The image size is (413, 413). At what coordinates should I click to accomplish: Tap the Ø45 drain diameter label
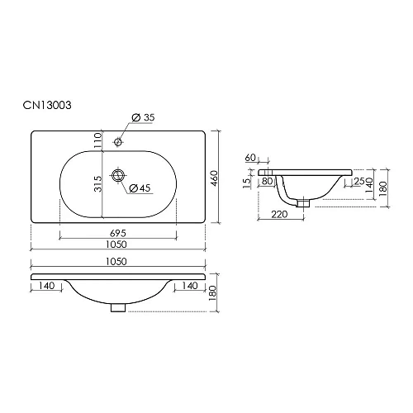pos(140,189)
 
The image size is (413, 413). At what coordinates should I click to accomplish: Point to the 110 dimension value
pos(97,143)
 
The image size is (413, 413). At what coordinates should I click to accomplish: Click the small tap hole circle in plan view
pos(119,141)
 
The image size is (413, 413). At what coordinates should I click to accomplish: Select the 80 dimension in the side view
pos(268,181)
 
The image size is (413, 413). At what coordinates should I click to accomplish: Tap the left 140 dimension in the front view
pos(46,285)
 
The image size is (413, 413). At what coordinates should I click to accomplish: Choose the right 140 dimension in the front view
pos(188,285)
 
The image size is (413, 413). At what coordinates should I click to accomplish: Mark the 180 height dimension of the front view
pos(213,293)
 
